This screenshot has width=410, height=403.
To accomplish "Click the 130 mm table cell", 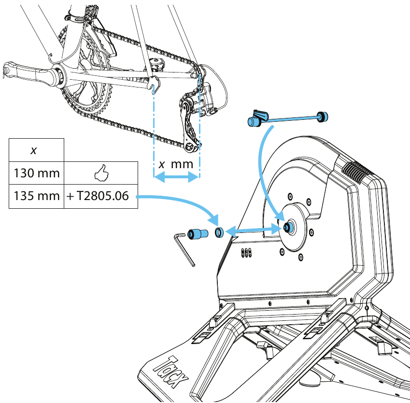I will click(x=37, y=173).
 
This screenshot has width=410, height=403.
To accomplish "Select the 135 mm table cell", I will click(x=37, y=197).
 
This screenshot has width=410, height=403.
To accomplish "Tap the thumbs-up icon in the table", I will click(x=101, y=173).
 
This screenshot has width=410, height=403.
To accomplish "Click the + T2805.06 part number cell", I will click(x=101, y=197).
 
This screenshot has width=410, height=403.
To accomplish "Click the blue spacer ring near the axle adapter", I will click(x=219, y=233).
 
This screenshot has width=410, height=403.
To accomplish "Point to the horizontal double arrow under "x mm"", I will click(x=176, y=178).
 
